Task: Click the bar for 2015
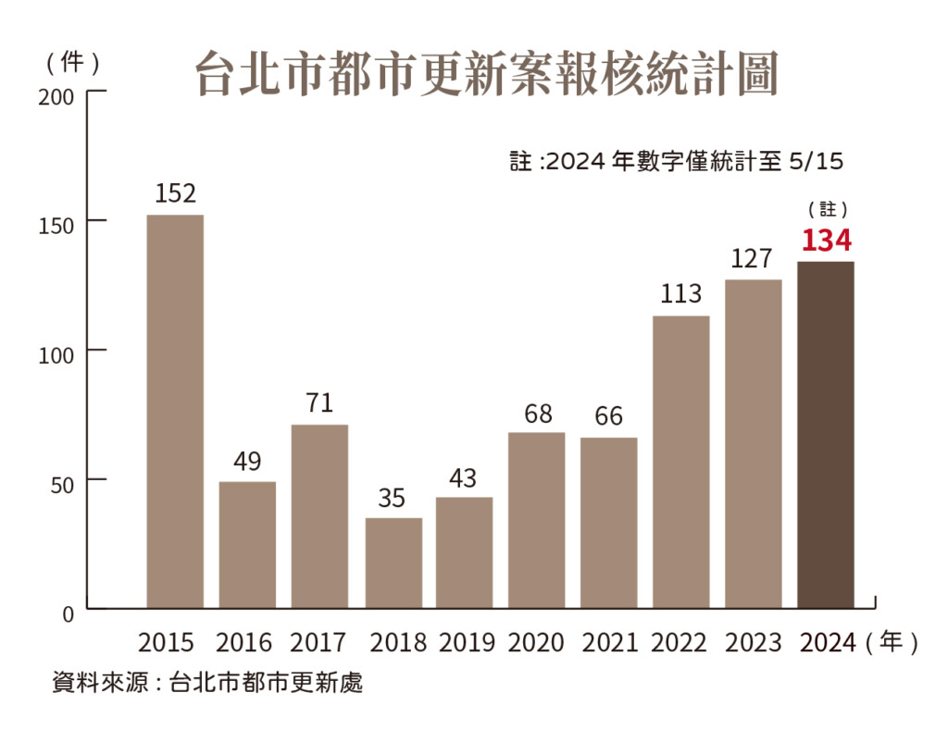point(175,411)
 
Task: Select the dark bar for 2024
point(826,435)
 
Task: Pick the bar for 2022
point(681,462)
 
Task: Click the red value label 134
point(826,241)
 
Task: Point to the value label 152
point(175,193)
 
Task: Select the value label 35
point(393,498)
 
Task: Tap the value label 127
point(751,259)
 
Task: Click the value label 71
point(319,403)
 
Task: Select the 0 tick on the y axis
point(68,612)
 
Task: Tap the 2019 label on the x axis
point(466,642)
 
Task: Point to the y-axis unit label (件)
point(72,62)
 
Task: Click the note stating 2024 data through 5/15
point(677,162)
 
